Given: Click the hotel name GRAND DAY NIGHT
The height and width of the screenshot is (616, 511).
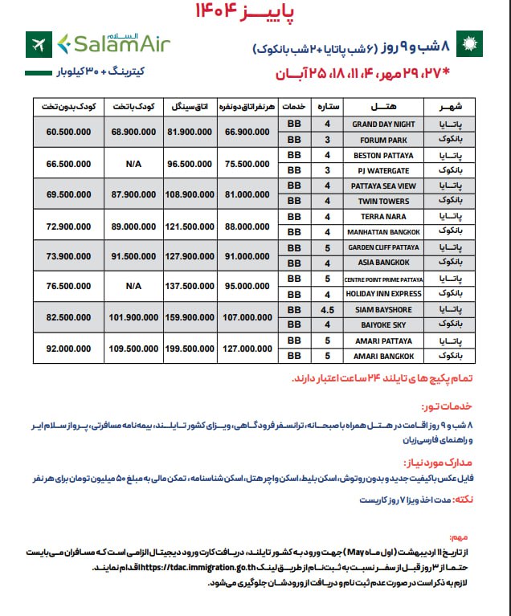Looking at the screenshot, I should point(383,124).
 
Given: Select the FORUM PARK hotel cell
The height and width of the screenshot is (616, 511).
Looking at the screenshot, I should point(383,140).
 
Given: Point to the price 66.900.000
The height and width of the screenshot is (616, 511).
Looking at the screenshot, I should point(247,132).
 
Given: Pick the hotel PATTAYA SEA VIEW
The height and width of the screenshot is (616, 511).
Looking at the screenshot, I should point(383,186).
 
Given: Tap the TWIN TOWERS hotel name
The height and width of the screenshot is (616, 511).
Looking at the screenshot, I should point(383,201).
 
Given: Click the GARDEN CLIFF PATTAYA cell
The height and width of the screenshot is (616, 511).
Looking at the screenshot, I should point(383,247).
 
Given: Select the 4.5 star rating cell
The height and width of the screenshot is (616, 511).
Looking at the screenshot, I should point(327,308).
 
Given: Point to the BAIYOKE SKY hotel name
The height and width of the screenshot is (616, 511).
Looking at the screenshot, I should point(383,324).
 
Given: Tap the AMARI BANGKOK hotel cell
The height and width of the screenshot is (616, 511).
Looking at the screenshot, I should point(383,356).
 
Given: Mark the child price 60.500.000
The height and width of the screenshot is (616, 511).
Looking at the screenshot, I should point(69,132).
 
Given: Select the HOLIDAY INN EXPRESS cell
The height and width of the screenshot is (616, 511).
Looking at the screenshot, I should point(383,294).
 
